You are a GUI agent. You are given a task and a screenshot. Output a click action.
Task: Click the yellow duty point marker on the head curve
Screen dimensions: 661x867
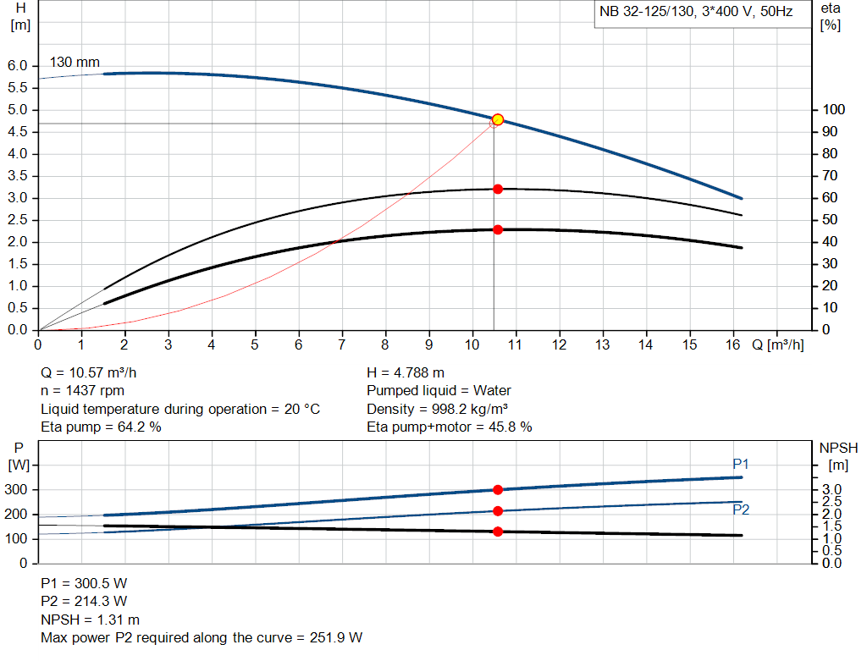(498, 119)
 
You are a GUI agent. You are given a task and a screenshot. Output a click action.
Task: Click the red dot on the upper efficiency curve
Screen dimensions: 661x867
(498, 189)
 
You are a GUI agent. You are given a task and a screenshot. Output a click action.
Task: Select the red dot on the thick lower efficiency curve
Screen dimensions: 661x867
(498, 229)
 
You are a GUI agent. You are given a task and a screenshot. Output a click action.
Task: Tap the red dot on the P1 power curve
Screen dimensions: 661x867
(498, 489)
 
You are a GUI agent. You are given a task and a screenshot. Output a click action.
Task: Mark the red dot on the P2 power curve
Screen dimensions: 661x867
(498, 510)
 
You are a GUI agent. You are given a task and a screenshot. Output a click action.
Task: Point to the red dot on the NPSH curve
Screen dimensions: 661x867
(498, 532)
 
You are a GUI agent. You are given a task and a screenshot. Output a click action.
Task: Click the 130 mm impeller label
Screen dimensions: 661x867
(75, 62)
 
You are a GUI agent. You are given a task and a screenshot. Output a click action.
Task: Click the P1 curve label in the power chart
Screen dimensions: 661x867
(741, 463)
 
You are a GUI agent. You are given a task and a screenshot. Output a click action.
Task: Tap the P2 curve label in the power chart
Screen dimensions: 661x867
(741, 509)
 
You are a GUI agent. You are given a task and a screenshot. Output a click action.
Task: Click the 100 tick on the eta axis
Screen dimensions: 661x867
(835, 110)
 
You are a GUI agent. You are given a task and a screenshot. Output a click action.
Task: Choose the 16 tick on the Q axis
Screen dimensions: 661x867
(734, 344)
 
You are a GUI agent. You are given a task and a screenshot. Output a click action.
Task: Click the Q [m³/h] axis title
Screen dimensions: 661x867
(777, 344)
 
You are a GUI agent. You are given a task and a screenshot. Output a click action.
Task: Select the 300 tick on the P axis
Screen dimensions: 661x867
(17, 490)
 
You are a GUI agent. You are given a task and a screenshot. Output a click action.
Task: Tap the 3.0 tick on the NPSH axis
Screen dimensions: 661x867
(832, 490)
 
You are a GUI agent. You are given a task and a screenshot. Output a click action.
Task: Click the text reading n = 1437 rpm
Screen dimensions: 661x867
(83, 391)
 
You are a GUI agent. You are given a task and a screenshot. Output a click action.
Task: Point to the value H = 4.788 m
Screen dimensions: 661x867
(406, 372)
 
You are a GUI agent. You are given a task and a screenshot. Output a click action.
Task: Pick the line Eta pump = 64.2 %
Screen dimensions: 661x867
(102, 427)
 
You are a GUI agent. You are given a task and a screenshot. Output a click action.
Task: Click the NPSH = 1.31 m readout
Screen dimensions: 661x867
(91, 619)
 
